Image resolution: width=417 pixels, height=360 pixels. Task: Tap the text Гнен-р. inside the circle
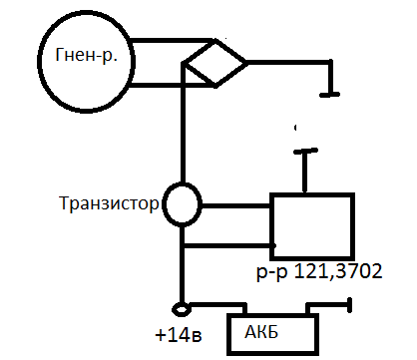tap(87, 56)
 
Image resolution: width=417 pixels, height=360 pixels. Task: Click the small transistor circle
tap(167, 203)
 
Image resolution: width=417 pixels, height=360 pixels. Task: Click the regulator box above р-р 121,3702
tap(270, 226)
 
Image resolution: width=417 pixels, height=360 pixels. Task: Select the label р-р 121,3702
tap(319, 272)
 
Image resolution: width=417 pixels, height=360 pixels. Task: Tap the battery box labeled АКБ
tap(227, 334)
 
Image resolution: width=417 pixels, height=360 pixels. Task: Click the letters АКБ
tap(261, 331)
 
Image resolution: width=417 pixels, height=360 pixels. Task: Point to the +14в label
tap(179, 335)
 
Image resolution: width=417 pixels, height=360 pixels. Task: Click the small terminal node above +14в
tap(182, 309)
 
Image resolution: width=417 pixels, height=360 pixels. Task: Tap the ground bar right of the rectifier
tap(329, 95)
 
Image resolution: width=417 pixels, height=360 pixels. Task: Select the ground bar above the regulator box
tap(305, 151)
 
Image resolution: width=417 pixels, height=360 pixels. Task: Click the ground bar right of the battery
tap(349, 305)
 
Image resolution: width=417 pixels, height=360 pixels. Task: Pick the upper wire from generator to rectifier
tap(172, 41)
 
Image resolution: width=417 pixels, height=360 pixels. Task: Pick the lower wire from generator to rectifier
tap(172, 85)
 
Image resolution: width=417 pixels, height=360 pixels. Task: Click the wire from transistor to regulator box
tap(235, 206)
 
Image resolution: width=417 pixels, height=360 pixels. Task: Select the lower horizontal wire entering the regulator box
tap(229, 245)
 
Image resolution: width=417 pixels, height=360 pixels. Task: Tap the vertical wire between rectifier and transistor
tap(182, 123)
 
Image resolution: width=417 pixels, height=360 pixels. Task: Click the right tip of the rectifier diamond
tap(247, 62)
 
